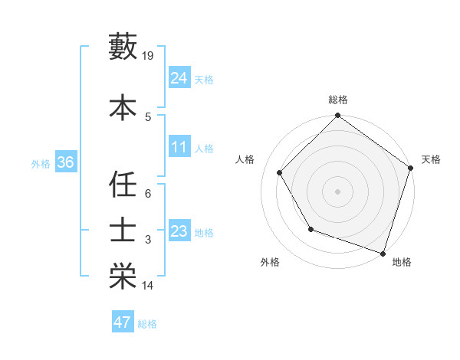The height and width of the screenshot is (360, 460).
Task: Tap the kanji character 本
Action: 123,106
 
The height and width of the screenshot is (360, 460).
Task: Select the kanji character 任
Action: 123,184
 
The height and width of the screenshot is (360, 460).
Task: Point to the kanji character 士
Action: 123,231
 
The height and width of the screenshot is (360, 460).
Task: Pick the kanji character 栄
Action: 123,277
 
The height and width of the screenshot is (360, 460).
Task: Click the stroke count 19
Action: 149,56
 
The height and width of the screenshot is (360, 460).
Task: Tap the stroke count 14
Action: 148,286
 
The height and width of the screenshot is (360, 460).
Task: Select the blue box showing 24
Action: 179,77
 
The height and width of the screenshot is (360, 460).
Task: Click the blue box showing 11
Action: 179,147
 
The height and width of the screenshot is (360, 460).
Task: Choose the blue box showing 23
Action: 179,231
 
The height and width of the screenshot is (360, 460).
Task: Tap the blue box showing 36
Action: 65,162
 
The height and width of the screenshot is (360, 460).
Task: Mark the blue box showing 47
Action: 122,322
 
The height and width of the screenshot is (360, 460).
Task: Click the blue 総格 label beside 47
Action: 147,324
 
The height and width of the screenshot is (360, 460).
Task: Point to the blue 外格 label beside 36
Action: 41,163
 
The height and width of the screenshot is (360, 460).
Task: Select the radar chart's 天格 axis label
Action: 431,159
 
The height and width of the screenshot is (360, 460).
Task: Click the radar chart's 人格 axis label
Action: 245,159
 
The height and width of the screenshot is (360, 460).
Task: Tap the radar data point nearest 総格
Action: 337,116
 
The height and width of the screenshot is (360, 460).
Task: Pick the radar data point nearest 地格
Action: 383,253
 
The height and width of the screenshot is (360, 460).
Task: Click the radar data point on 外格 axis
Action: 310,229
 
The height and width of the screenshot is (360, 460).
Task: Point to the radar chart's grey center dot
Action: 337,191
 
